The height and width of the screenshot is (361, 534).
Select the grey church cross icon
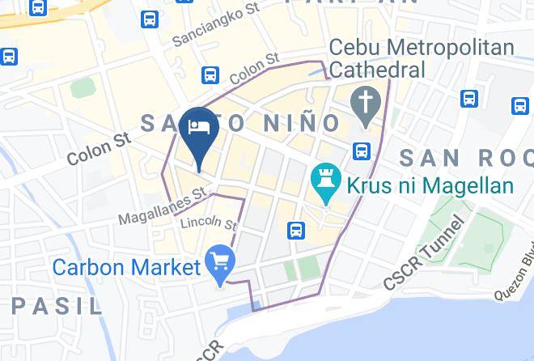coord(365,104)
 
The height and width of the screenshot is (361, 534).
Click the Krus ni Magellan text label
coord(430,185)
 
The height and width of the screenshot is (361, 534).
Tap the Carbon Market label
coord(126,265)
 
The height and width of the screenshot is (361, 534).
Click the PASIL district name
coord(57,306)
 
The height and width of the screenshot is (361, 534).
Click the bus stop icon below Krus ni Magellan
coord(296,230)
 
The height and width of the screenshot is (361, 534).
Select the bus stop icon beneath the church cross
coord(361,151)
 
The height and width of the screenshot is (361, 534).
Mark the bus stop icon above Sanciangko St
coord(149,19)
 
